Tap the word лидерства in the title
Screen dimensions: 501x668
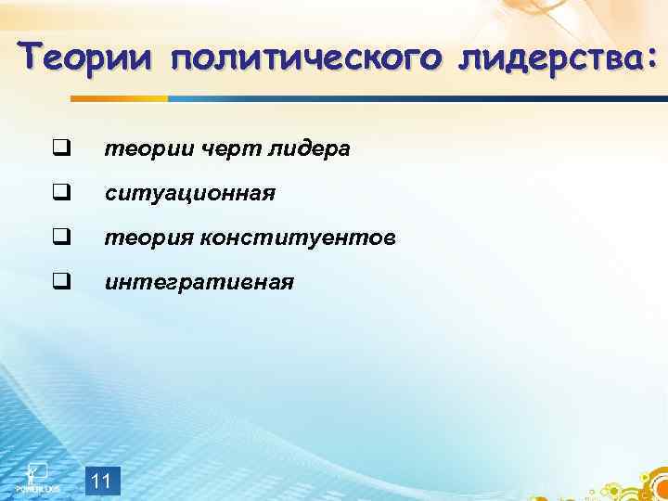click(549, 58)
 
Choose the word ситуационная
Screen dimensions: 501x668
click(189, 194)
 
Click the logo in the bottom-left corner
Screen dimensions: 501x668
click(37, 477)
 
